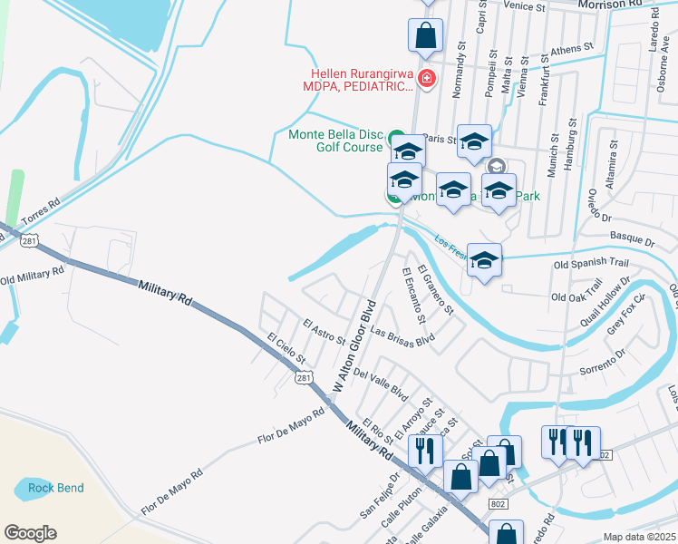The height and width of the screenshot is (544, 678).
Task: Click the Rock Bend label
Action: pyautogui.click(x=55, y=488)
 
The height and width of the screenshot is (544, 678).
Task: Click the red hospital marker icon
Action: pyautogui.click(x=427, y=80)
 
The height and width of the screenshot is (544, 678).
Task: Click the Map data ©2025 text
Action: pyautogui.click(x=640, y=537)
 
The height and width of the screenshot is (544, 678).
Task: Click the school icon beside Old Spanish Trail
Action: pyautogui.click(x=485, y=260)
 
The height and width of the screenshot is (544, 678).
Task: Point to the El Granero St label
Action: pyautogui.click(x=436, y=288)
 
